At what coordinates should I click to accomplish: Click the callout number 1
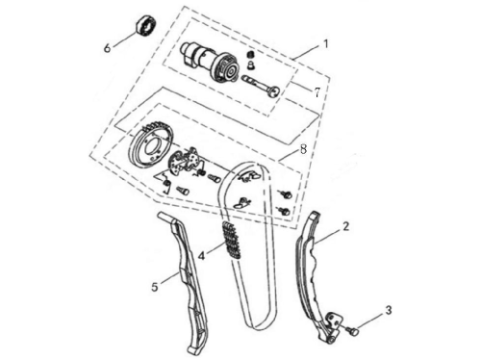point(326,44)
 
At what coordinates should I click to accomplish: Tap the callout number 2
point(345,226)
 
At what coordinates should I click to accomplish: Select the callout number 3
point(389,310)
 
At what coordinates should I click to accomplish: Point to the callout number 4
point(201,256)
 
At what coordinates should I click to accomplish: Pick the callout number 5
point(155,287)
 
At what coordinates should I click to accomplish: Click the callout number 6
point(107,48)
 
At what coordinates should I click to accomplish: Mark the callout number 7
point(316,92)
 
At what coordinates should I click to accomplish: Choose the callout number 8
point(303,149)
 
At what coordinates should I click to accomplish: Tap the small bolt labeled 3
point(352,330)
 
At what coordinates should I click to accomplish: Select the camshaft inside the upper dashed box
point(210,63)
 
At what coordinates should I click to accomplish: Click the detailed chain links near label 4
point(231,239)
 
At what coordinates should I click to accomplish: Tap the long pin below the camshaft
point(261,86)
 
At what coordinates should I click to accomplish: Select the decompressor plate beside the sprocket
point(185,161)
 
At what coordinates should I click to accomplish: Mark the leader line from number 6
point(124,39)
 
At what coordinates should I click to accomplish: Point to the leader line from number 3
point(369,320)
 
